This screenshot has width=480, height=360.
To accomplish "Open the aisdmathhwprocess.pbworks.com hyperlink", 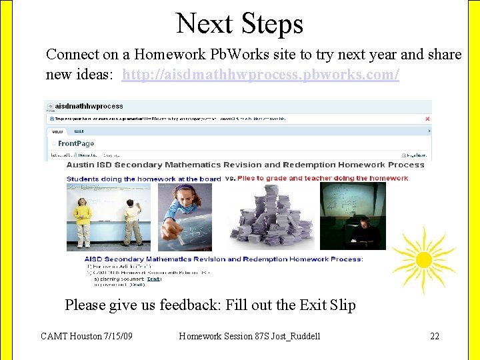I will [261, 74].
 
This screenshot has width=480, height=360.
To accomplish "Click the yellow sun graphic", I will [424, 259].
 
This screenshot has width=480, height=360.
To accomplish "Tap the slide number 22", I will [435, 336].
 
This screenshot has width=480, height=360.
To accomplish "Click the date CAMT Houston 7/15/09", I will [86, 336].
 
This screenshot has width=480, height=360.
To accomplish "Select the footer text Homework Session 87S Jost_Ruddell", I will [249, 336].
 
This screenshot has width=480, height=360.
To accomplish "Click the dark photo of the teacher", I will [353, 217].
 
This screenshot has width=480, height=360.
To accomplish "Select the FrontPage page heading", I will [76, 143].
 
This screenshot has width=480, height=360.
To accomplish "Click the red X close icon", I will [428, 119].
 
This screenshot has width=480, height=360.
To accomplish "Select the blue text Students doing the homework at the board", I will [143, 179].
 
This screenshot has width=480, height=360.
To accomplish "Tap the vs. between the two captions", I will [230, 178].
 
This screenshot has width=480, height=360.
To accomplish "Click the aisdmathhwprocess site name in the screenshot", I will [89, 106].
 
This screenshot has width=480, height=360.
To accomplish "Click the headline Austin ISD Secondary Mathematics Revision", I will [245, 165].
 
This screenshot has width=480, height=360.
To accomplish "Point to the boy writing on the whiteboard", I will [133, 222].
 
